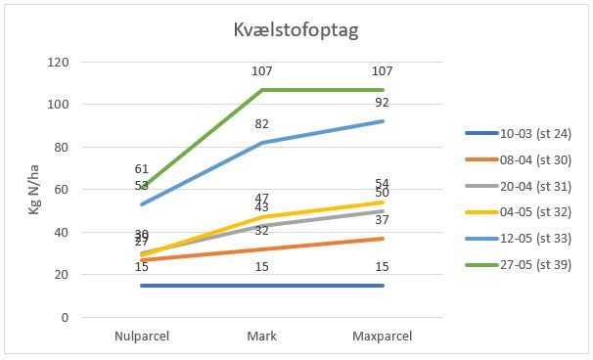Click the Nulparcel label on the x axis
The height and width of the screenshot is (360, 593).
(x=142, y=337)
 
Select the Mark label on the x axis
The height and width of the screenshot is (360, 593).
(x=262, y=337)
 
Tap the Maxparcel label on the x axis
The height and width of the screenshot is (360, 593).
(x=383, y=337)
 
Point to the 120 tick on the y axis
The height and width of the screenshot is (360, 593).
(x=59, y=62)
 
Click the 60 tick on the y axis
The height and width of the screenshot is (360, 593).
(x=62, y=190)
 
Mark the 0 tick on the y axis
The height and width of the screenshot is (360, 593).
(x=65, y=318)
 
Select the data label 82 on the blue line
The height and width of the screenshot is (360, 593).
(x=262, y=124)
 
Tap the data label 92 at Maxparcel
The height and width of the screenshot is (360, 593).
(x=383, y=103)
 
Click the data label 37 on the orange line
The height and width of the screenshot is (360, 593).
(x=383, y=220)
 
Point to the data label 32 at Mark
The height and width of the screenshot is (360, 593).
(x=262, y=231)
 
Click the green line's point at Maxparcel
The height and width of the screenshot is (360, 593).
(x=383, y=89)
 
